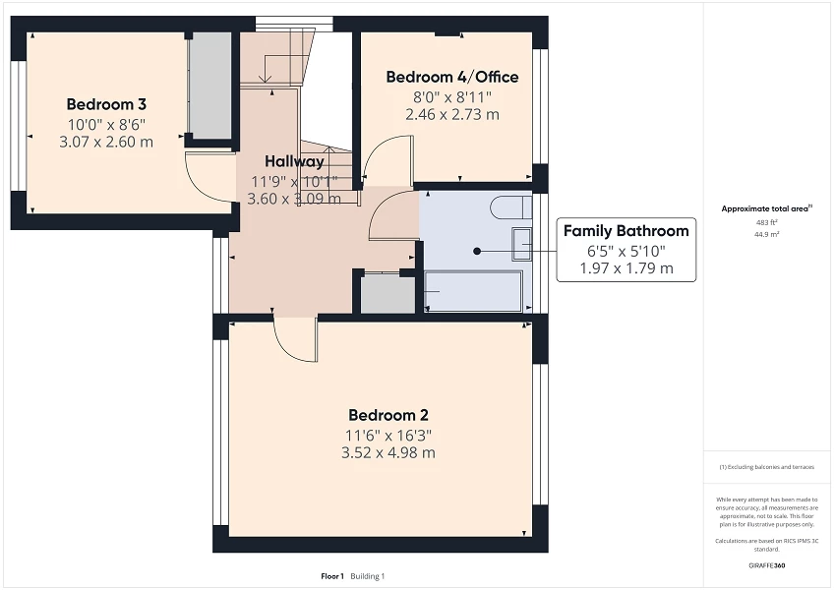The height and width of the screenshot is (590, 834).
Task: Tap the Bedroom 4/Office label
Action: pyautogui.click(x=451, y=77)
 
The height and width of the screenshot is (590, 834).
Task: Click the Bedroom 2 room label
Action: pyautogui.click(x=387, y=415)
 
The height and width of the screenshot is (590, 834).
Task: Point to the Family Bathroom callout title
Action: pyautogui.click(x=625, y=231)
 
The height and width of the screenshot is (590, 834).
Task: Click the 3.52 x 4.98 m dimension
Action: pyautogui.click(x=387, y=453)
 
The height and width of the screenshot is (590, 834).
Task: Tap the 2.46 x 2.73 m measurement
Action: pyautogui.click(x=451, y=114)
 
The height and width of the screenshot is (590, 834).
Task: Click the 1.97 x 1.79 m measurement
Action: pyautogui.click(x=625, y=267)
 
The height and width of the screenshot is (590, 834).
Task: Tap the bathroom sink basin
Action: pyautogui.click(x=520, y=243)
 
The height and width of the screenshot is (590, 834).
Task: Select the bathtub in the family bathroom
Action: pyautogui.click(x=473, y=292)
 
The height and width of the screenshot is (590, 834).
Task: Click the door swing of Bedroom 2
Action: pyautogui.click(x=293, y=339)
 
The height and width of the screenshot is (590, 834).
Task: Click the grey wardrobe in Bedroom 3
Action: pyautogui.click(x=210, y=86)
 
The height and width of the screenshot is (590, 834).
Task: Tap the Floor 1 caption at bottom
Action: pyautogui.click(x=332, y=575)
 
